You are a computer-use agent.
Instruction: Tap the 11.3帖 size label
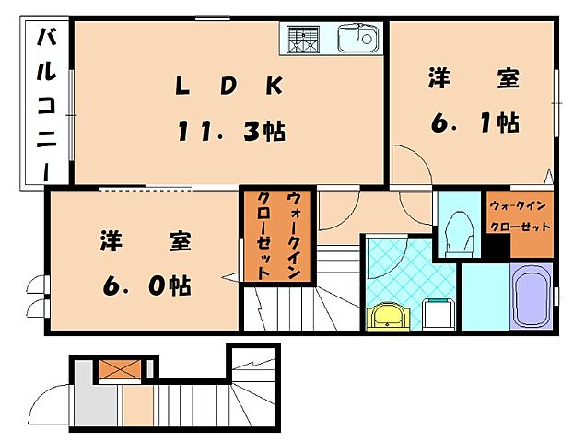point(230,130)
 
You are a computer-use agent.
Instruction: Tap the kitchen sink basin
point(358,39)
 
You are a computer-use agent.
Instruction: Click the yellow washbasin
point(387,317)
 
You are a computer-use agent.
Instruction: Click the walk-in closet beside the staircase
point(277,236)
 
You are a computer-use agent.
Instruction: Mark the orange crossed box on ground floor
point(120,369)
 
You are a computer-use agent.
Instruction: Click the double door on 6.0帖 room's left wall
point(38,296)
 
